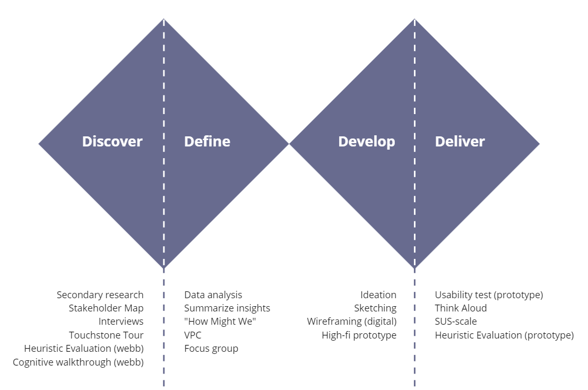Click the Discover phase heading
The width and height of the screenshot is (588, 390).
[x=112, y=141]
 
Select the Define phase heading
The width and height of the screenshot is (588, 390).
[x=207, y=141]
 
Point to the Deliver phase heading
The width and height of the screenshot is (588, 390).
[x=460, y=141]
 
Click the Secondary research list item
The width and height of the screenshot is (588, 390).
[x=100, y=294]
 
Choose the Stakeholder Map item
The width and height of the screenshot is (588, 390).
[x=106, y=308]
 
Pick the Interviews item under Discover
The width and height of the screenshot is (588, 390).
[x=121, y=322]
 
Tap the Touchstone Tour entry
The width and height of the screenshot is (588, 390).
[x=106, y=335]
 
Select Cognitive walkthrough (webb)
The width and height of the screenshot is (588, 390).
[x=78, y=362]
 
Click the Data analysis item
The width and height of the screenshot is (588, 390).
[x=213, y=295]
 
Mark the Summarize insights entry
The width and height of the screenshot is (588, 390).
[x=227, y=308]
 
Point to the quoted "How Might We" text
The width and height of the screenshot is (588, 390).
[x=220, y=322]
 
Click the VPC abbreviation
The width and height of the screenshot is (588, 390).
[x=193, y=335]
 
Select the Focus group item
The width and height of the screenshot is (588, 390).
[x=211, y=349]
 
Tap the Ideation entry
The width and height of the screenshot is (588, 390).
[x=378, y=294]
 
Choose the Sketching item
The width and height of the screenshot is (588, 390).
[x=375, y=308]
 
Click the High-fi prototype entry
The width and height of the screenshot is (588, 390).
[x=359, y=335]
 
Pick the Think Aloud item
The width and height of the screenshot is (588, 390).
[x=461, y=308]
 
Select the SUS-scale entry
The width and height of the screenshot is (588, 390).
[x=456, y=322]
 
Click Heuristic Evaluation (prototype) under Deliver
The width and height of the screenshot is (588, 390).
[x=504, y=335]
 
